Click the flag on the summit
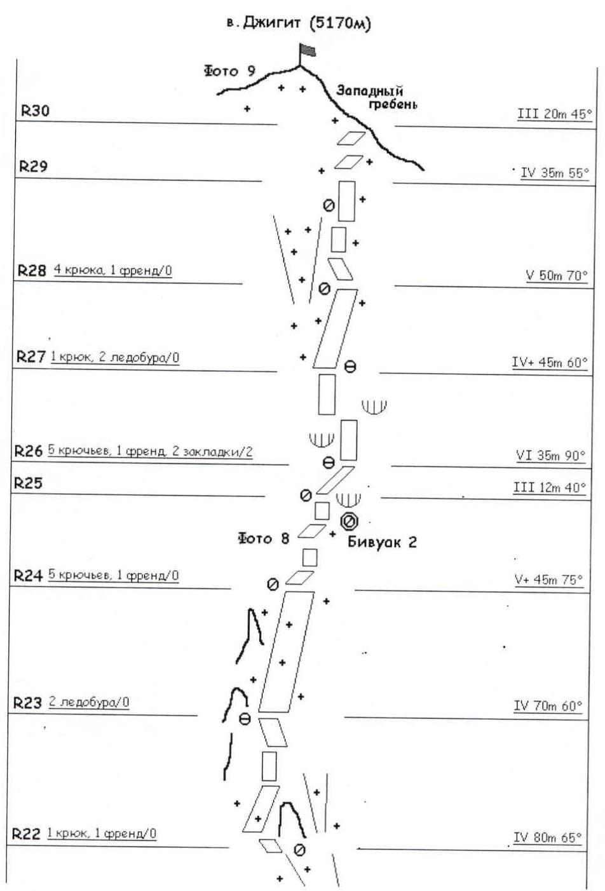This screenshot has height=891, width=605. pos(308,50)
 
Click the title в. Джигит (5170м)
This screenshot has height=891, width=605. pos(299,24)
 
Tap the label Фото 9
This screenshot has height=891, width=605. pos(229,71)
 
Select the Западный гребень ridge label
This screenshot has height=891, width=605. pos(377,97)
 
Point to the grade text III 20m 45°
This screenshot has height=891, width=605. pos(555,114)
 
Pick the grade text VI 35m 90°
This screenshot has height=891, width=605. pos(550,456)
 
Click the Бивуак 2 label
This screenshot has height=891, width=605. pos(383,542)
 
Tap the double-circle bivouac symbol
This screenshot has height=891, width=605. pos(349,522)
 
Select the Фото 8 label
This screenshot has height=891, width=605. pos(264,539)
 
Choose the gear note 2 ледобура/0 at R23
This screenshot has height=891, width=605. pos(89,703)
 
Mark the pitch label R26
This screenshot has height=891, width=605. pos(28,451)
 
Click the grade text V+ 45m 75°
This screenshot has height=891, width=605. pos(548,580)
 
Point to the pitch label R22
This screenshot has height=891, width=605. pos(27,834)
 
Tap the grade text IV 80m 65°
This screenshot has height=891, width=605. pos(548,838)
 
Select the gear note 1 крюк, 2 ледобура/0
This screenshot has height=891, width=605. pos(115,357)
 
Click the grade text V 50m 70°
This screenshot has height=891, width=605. pos(557,276)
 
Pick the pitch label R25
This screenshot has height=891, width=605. pos(28,483)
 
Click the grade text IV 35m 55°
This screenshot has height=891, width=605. pos(555,172)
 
